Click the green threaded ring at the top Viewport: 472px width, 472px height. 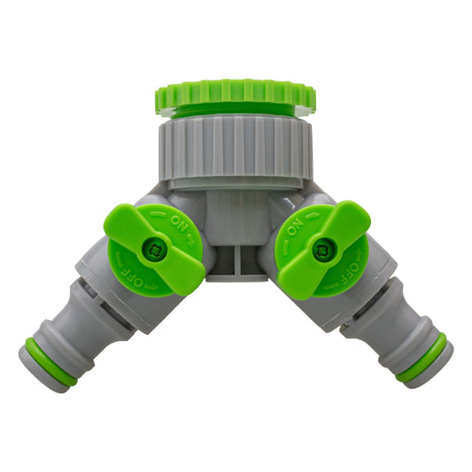[235, 94]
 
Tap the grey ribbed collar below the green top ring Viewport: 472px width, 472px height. [235, 147]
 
